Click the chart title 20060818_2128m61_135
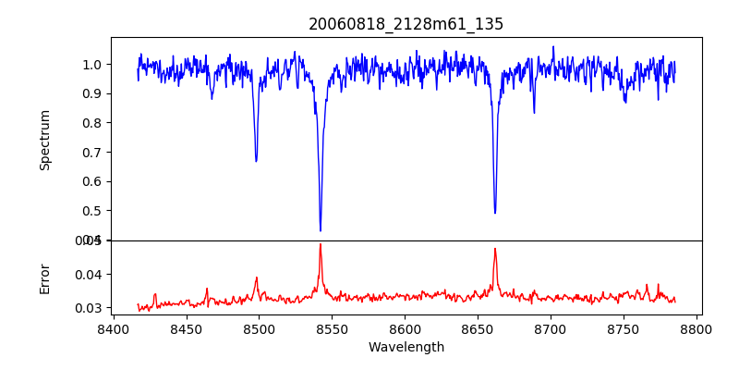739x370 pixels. [x=406, y=24]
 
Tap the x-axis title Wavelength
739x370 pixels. [x=406, y=347]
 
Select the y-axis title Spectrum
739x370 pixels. [x=45, y=140]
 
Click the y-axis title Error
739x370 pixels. [x=45, y=277]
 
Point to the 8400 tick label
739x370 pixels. [x=113, y=328]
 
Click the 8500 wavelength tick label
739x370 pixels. [x=259, y=328]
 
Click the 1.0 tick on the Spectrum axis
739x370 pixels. [x=92, y=64]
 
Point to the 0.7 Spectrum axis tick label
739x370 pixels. [x=92, y=152]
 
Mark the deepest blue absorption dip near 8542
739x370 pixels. [x=321, y=230]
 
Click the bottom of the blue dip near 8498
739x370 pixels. [x=256, y=161]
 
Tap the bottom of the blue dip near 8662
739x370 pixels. [x=495, y=213]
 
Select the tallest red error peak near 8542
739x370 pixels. [x=321, y=244]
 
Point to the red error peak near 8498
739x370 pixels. [x=257, y=277]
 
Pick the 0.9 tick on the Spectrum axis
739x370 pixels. [x=92, y=93]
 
